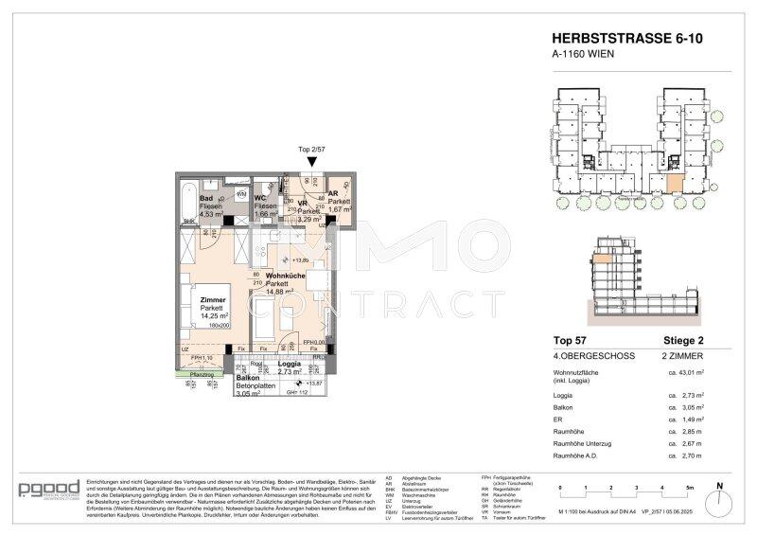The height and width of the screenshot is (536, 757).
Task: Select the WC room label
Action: (x=259, y=198)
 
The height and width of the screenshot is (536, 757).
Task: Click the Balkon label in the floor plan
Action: (x=223, y=376)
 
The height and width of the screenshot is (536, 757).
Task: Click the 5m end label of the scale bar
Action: (x=690, y=487)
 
